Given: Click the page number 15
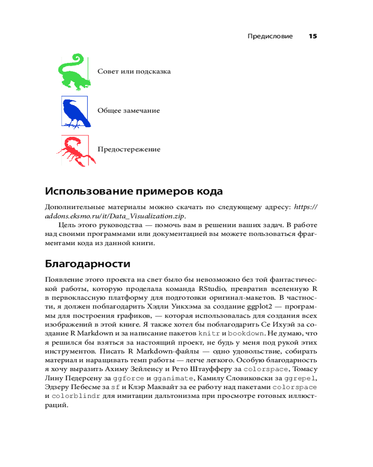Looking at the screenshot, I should click(312, 36).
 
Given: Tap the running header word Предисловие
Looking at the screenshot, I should click(270, 36).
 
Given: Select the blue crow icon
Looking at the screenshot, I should click(75, 111).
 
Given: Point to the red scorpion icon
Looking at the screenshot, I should click(75, 150).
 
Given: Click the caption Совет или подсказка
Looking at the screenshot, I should click(134, 71).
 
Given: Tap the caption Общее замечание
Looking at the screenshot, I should click(129, 111).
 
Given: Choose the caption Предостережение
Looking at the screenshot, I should click(129, 149).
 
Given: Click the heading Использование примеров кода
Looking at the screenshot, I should click(133, 191).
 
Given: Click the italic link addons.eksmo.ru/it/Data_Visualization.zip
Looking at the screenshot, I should click(115, 216).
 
